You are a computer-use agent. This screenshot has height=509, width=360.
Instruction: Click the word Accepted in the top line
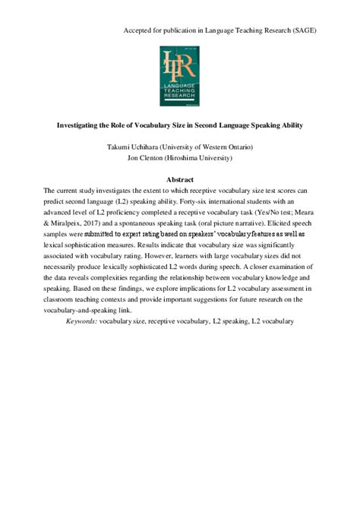tap(138, 30)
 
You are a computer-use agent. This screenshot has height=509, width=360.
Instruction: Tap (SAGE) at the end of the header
tap(305, 30)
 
